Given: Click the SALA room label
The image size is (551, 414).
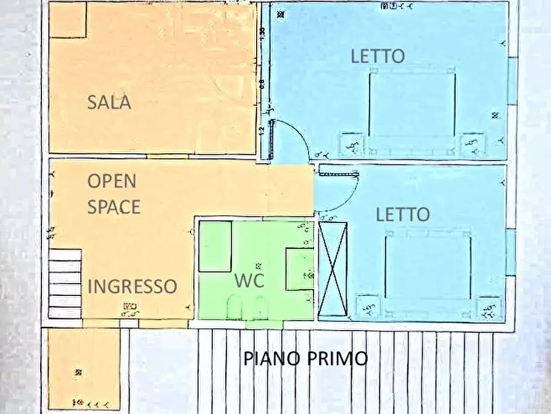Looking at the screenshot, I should pos(109,102).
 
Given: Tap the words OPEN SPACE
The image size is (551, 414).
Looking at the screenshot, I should pos(114,194).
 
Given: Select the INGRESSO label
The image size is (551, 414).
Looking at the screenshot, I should pos(133,286).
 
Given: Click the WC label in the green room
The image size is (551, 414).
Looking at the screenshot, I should pos(249,280).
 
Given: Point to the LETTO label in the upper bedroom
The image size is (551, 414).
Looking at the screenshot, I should pos(378,56).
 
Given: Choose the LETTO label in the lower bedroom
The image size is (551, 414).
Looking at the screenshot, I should pos(402,214).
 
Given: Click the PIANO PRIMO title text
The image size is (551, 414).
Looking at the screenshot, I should pos(305,358).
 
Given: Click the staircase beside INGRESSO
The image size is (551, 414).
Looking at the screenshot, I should pos(65,283).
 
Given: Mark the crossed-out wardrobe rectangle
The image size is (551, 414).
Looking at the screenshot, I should pos(333,269).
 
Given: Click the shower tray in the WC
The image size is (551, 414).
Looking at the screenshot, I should pos(215,245).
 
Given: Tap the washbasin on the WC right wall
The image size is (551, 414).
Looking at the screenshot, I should pos(300,269).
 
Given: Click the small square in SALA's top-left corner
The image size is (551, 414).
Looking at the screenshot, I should pos(67,20).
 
